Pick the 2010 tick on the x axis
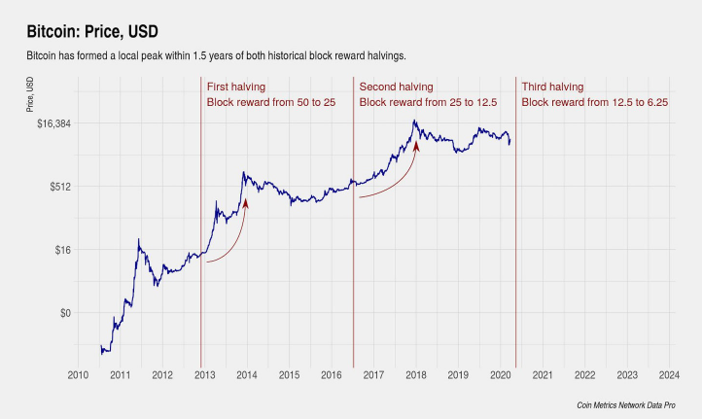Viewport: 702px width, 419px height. click(78, 374)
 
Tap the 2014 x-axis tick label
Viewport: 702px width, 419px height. click(247, 374)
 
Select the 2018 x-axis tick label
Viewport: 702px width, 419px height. click(416, 374)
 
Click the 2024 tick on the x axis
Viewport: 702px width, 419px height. click(669, 374)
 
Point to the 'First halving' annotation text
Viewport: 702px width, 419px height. click(236, 87)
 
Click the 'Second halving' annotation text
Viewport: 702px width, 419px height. click(397, 87)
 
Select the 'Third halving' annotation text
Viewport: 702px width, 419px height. click(552, 87)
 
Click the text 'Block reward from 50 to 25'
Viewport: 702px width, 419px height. click(269, 102)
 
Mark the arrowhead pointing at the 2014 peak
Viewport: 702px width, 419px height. click(245, 203)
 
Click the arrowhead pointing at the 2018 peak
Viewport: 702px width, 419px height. click(416, 147)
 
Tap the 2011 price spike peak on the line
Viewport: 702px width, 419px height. click(139, 239)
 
